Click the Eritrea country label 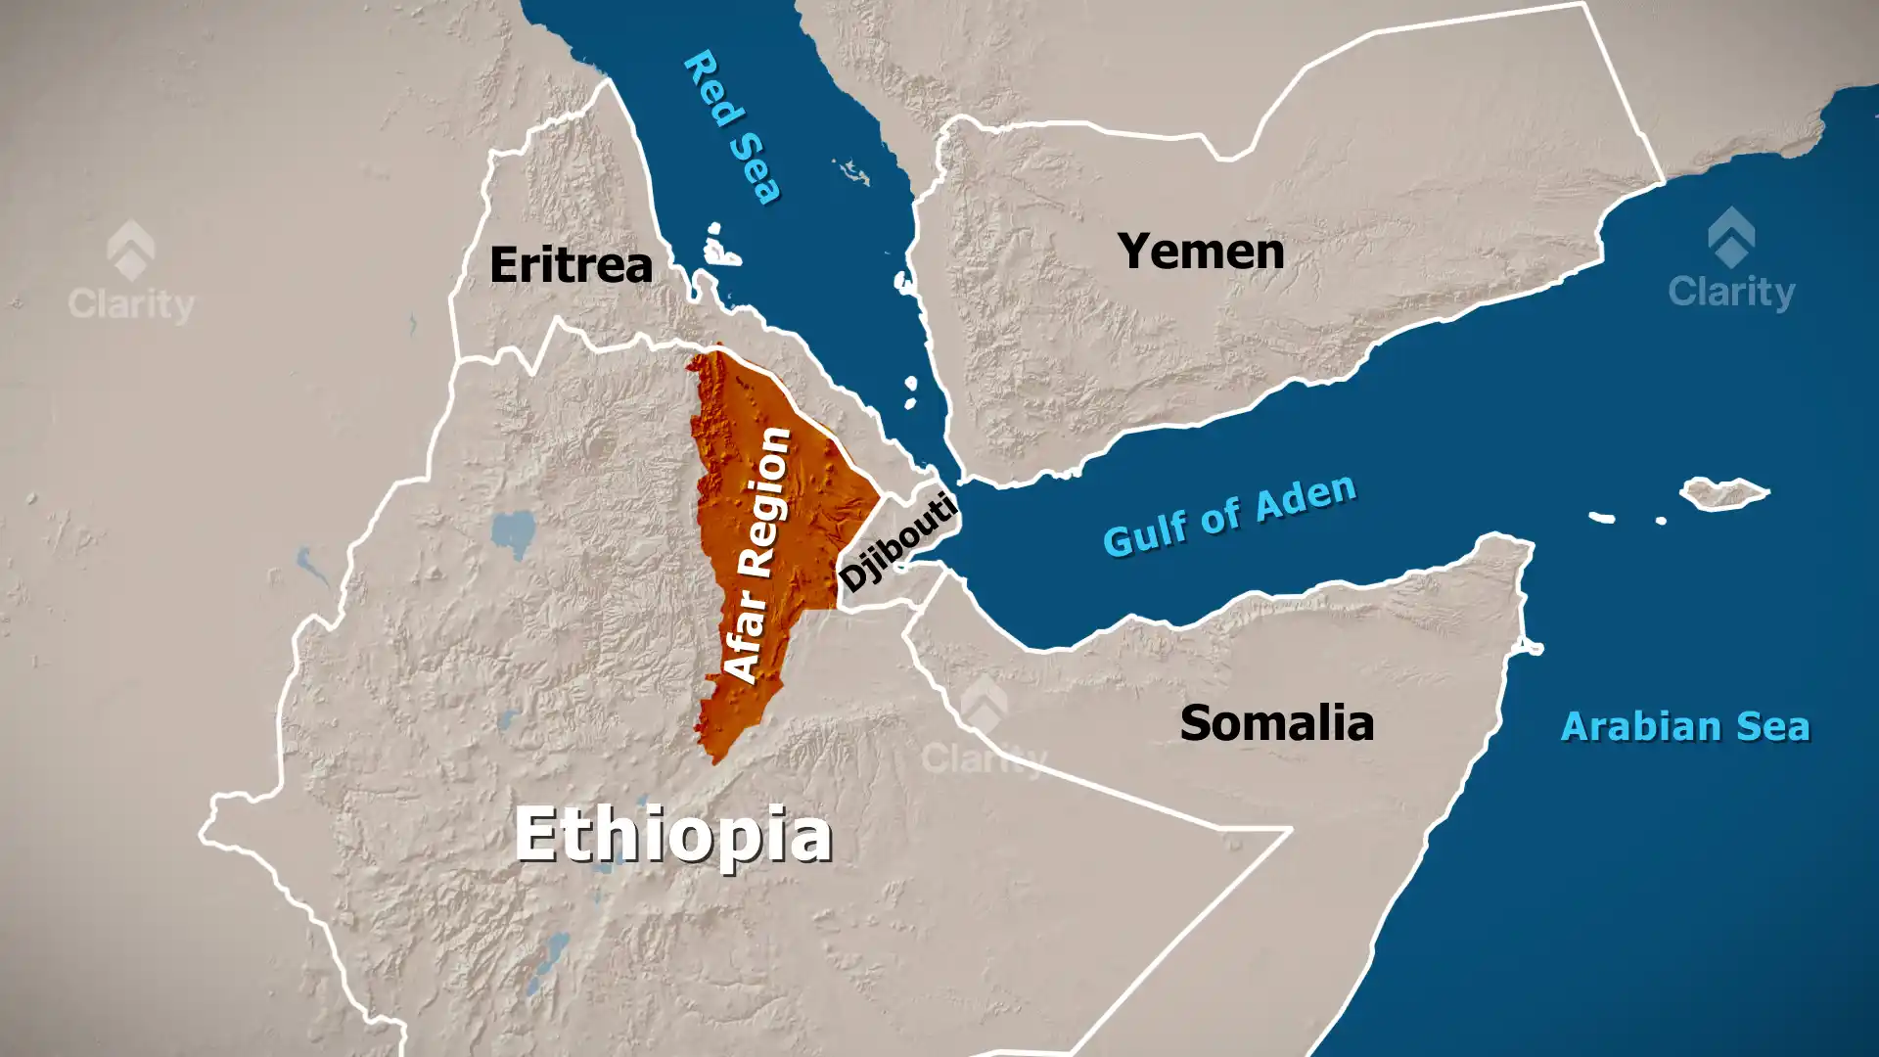[571, 264]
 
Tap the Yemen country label [1201, 252]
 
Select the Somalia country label [1276, 723]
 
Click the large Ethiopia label [673, 834]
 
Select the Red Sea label [733, 126]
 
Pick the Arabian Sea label [1684, 727]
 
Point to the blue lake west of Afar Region [514, 532]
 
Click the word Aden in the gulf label [1306, 497]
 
